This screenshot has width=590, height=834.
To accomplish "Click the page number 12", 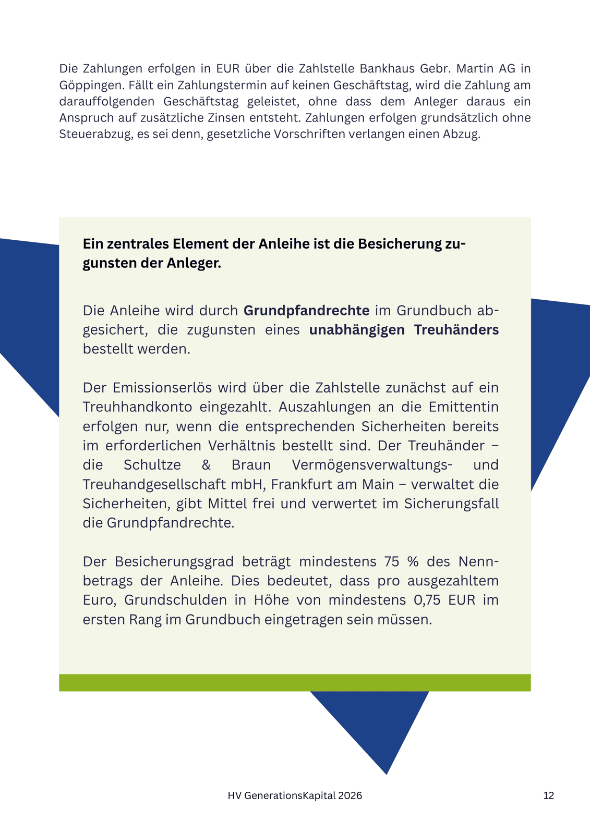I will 548,796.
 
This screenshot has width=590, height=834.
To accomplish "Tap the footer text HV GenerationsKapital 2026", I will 295,796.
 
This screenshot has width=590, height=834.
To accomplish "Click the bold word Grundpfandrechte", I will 306,311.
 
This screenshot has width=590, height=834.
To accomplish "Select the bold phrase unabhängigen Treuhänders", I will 404,330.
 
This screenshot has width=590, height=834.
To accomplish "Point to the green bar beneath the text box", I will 295,682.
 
